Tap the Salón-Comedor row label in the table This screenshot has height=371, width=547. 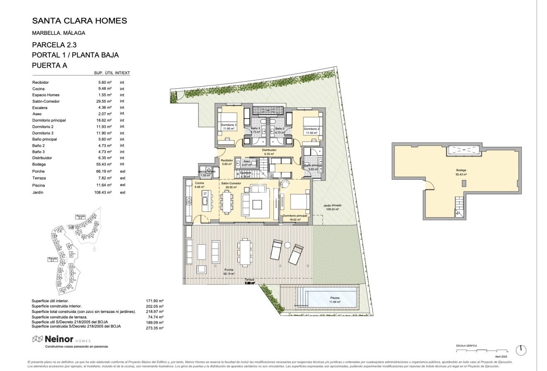click(46, 101)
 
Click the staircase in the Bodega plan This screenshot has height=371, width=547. click(460, 206)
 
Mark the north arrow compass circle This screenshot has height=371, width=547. click(521, 349)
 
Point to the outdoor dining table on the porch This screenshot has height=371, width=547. click(245, 252)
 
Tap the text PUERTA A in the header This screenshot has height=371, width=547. click(49, 65)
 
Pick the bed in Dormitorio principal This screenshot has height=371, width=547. click(298, 202)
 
